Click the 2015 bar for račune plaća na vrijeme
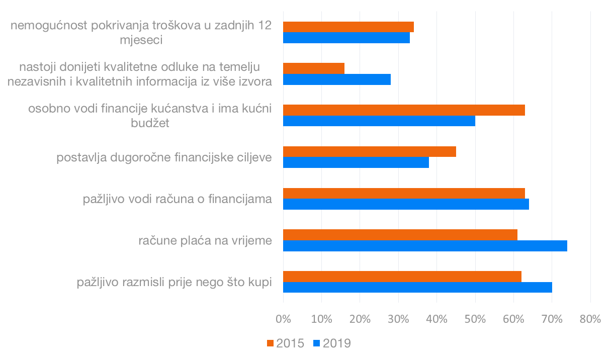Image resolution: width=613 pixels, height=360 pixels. (400, 234)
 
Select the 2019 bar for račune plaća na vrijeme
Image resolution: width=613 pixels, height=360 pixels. (425, 245)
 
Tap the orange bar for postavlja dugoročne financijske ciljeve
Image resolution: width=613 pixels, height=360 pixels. (370, 151)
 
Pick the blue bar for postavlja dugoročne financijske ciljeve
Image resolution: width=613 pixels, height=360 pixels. (356, 162)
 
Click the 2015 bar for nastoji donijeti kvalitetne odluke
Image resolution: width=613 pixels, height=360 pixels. (314, 68)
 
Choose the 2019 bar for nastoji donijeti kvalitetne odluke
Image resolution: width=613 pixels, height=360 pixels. (337, 79)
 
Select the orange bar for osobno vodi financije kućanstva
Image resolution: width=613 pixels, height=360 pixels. (404, 110)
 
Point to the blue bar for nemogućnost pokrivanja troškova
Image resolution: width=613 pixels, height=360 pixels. (346, 38)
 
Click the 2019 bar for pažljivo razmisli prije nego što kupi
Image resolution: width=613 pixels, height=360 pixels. (417, 287)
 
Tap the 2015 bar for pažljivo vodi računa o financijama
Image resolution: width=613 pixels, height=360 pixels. (404, 193)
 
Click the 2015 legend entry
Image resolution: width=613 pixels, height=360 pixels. (285, 343)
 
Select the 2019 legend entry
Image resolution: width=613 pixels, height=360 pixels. (332, 343)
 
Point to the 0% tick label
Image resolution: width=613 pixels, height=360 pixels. (283, 319)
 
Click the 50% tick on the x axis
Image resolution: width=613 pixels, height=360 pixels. (475, 319)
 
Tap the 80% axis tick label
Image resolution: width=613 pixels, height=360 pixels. (590, 319)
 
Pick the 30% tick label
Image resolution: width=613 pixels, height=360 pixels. (398, 319)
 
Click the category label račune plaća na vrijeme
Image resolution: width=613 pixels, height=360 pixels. (205, 241)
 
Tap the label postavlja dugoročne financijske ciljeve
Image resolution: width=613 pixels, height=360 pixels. (164, 157)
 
